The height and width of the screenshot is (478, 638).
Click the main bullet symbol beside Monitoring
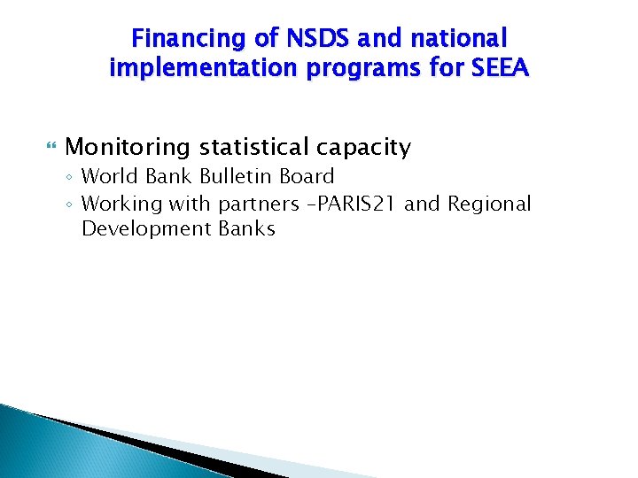[x=51, y=146]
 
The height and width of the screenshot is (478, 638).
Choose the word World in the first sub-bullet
[x=109, y=177]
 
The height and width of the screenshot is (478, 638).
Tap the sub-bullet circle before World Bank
[x=70, y=178]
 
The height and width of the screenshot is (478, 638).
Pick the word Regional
[x=489, y=204]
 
